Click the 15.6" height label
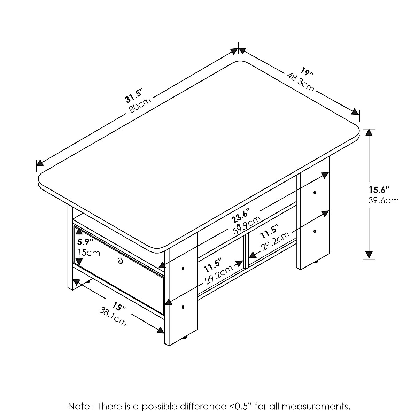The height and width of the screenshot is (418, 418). tap(379, 190)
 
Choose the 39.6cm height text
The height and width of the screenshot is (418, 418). tap(383, 201)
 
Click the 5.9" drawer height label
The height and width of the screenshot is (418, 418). tap(85, 241)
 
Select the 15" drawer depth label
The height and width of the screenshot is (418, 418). tap(119, 307)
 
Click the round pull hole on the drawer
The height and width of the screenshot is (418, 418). tap(120, 261)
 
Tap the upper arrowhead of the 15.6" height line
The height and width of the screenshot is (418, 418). tap(369, 132)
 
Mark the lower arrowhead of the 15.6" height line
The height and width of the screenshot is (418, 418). tap(369, 256)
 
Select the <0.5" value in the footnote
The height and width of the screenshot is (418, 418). tap(241, 406)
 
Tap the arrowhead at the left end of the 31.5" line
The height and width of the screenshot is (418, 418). tap(39, 163)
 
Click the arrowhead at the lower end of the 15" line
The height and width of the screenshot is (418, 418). tap(161, 330)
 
